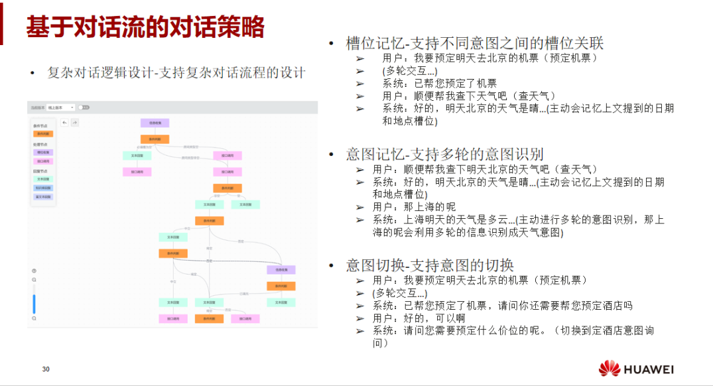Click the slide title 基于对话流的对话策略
click(x=145, y=27)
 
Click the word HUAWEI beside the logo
click(x=649, y=369)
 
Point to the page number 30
click(x=46, y=369)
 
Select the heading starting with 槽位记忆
click(x=474, y=43)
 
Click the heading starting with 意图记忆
click(x=444, y=155)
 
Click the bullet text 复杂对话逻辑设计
click(x=176, y=73)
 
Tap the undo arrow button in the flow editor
click(x=64, y=122)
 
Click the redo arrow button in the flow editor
click(x=74, y=122)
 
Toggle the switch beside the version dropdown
click(x=84, y=107)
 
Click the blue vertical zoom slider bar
click(x=34, y=303)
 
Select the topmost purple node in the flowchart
click(x=155, y=123)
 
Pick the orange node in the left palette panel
click(x=42, y=133)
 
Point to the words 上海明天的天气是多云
click(x=451, y=219)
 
